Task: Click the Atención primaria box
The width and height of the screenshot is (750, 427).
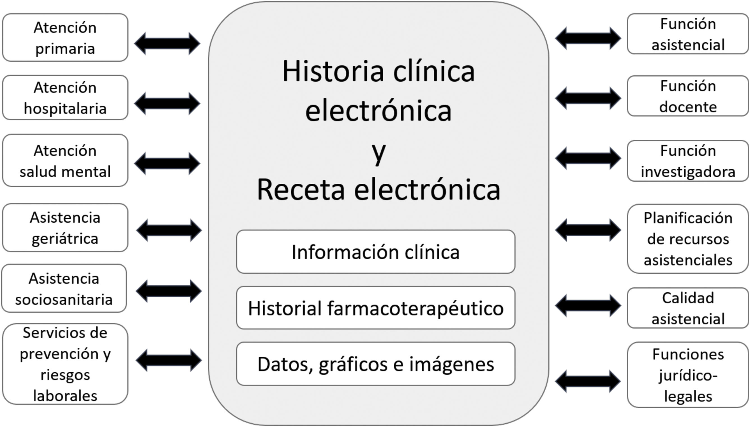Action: [65, 38]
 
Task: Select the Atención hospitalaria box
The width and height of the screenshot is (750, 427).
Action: [65, 98]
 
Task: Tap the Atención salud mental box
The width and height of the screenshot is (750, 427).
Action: [65, 161]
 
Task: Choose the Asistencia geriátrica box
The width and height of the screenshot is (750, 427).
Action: [65, 228]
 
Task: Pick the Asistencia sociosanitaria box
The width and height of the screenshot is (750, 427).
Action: [64, 288]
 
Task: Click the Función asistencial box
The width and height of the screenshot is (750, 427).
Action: [688, 34]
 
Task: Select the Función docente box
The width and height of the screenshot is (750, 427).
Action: [688, 96]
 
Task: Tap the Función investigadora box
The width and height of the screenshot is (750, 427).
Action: [688, 161]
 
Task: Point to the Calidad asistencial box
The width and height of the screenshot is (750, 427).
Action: [688, 308]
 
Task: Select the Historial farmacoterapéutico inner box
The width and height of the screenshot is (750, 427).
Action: [376, 308]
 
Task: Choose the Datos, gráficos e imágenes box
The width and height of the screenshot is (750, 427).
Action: [376, 364]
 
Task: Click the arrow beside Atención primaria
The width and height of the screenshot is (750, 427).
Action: [167, 44]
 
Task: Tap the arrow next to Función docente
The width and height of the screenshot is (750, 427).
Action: [588, 98]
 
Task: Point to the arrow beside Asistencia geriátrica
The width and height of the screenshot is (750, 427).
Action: [169, 230]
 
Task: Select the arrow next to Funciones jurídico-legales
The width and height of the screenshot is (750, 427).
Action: [588, 381]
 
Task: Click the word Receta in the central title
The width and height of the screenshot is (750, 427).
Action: [301, 190]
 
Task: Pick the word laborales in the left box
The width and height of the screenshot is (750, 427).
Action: [65, 396]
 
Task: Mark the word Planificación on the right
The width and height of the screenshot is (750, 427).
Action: [688, 218]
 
